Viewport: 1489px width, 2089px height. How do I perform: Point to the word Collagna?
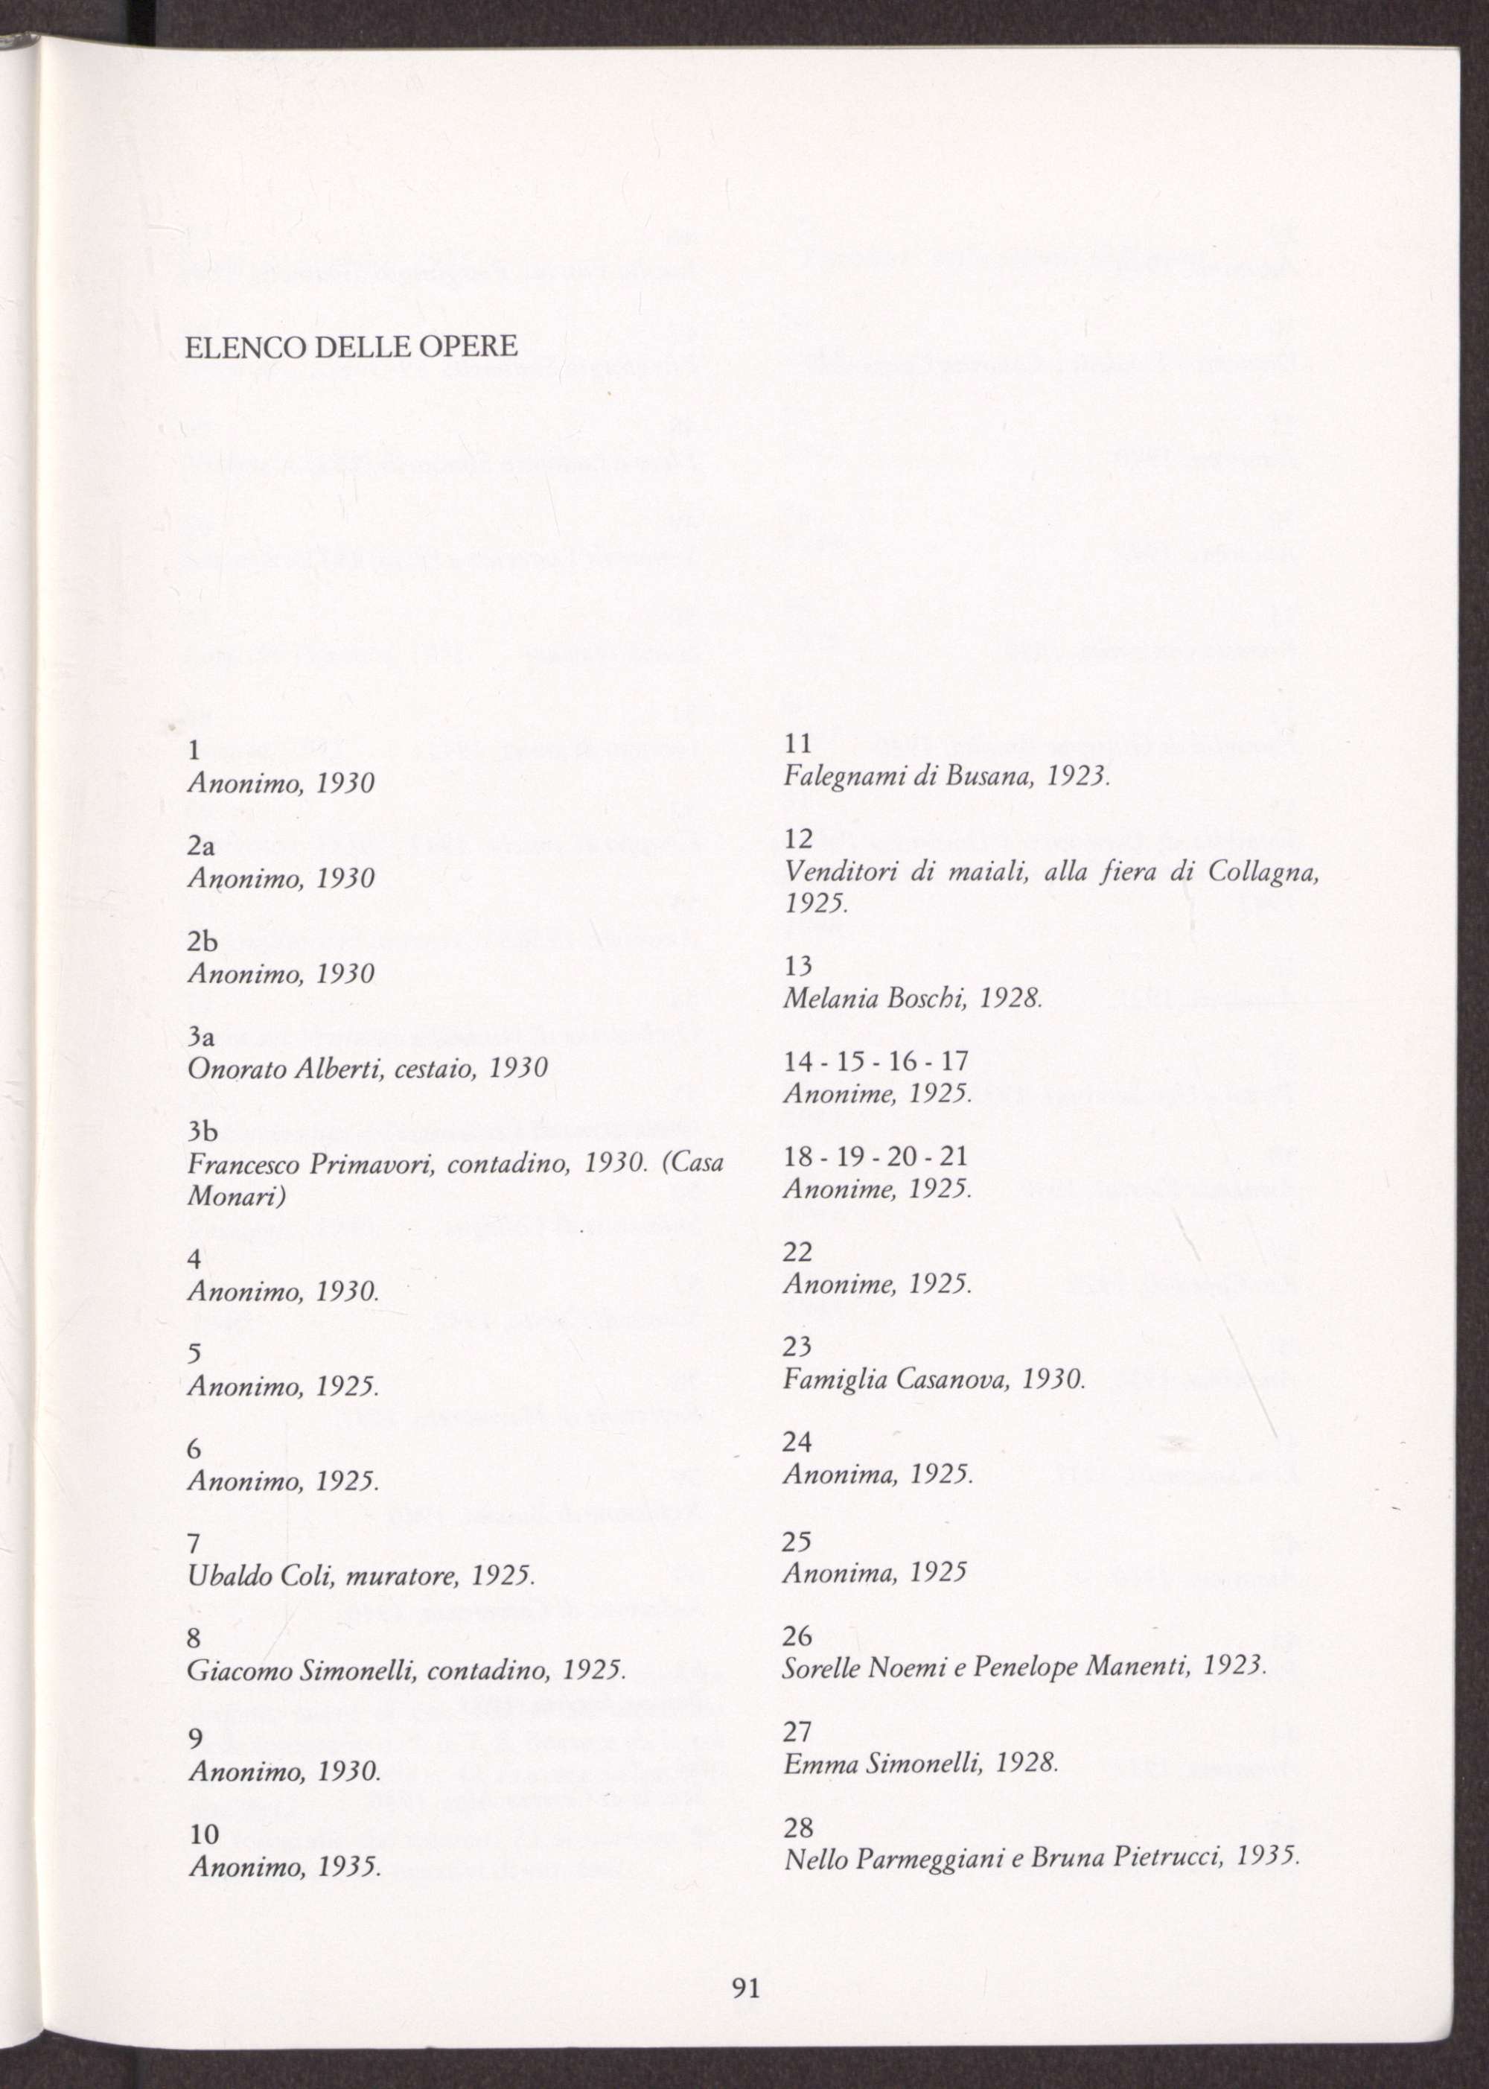point(1263,874)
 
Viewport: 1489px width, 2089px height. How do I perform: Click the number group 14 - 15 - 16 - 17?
point(876,1062)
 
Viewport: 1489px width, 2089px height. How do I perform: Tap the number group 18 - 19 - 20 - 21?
point(876,1157)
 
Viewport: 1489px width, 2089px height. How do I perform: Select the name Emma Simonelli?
point(882,1759)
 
